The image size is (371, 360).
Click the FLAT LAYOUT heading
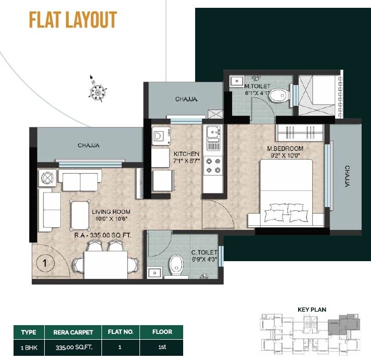pos(73,20)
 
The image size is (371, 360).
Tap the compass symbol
pos(96,92)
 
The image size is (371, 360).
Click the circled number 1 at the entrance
pos(45,263)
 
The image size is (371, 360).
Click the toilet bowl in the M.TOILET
pos(280,95)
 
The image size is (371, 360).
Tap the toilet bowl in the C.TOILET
pos(176,264)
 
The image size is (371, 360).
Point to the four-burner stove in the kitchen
pos(213,164)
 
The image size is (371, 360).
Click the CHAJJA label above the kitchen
pos(186,99)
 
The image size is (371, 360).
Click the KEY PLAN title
pos(312,310)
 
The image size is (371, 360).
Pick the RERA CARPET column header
pos(73,331)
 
